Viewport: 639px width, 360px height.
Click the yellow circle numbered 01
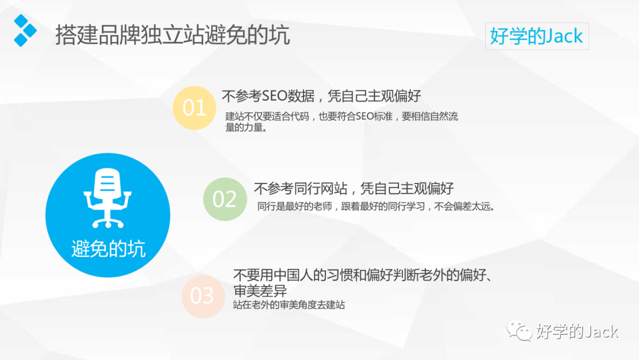(194, 108)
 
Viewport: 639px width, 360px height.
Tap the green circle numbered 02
(224, 199)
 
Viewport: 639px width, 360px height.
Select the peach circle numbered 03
(202, 295)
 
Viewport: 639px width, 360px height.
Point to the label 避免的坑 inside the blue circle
(108, 249)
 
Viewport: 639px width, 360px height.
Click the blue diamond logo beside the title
(24, 31)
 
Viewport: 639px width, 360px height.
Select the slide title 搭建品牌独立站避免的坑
(172, 35)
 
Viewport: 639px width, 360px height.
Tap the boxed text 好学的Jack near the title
(537, 36)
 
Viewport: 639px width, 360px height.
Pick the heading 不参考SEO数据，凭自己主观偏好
(321, 96)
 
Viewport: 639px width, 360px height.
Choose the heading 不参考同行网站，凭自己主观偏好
(353, 189)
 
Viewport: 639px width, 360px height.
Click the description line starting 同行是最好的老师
(376, 207)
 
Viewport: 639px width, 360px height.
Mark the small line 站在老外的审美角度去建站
(289, 306)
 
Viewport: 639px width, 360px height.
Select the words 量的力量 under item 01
(246, 127)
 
